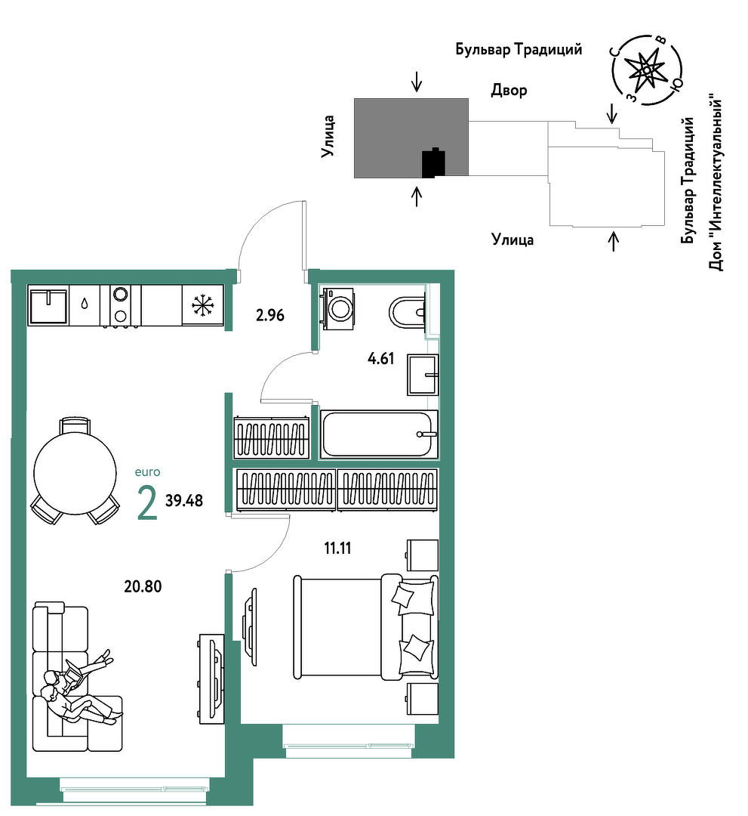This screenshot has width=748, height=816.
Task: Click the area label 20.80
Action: pos(143,586)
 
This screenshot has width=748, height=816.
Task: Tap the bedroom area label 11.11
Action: pos(338,548)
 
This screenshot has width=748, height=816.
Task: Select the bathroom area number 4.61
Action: pos(381,359)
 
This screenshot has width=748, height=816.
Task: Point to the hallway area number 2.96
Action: pos(270,315)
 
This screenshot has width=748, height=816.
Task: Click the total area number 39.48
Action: pos(184,501)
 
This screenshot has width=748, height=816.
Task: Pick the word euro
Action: pos(148,472)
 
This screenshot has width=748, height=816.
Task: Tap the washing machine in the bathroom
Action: pos(338,308)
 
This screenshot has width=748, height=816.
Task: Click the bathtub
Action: pos(379,434)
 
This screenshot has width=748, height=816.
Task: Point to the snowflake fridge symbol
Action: pos(203,305)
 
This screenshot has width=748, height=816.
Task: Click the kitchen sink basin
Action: pos(48,306)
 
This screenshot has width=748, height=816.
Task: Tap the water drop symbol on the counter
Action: pos(85,304)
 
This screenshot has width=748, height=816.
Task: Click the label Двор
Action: pos(509,91)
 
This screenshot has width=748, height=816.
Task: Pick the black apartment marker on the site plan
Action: pos(433,163)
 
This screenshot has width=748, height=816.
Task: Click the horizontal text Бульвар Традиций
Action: pos(519,49)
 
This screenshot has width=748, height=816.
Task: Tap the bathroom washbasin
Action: pos(423,375)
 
